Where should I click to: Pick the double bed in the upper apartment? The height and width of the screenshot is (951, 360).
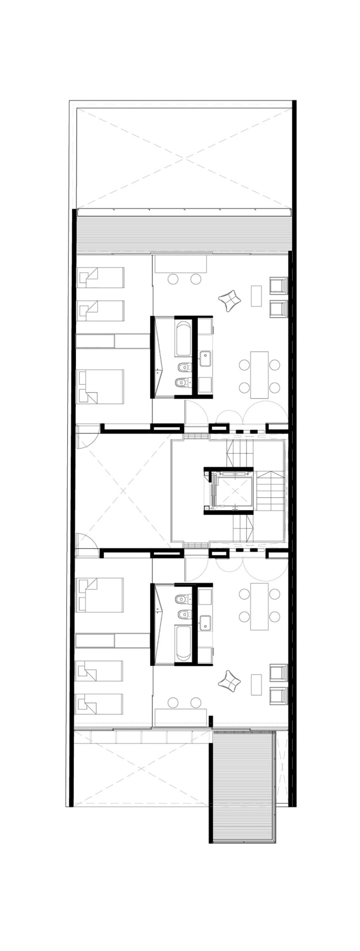[100, 386]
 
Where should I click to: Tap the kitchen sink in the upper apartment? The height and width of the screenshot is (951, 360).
[205, 359]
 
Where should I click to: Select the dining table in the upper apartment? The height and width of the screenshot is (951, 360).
[259, 374]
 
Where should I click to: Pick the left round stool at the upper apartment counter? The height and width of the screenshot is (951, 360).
[173, 279]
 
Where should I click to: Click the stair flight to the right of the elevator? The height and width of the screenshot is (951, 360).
[271, 491]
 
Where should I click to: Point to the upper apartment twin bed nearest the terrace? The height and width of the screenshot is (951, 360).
[100, 277]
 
